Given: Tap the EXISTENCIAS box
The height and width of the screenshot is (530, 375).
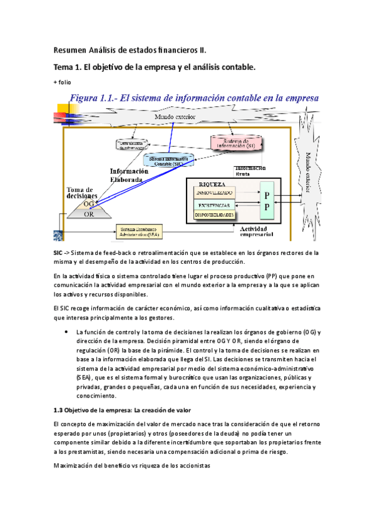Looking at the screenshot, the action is click(214, 205).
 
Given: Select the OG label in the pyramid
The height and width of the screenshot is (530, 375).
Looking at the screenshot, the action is click(89, 204).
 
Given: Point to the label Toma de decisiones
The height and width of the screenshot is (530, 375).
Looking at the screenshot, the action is click(80, 192).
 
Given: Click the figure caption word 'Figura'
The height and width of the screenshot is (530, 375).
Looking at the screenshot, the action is click(90, 98).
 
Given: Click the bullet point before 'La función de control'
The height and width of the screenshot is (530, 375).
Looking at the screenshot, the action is click(66, 332).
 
